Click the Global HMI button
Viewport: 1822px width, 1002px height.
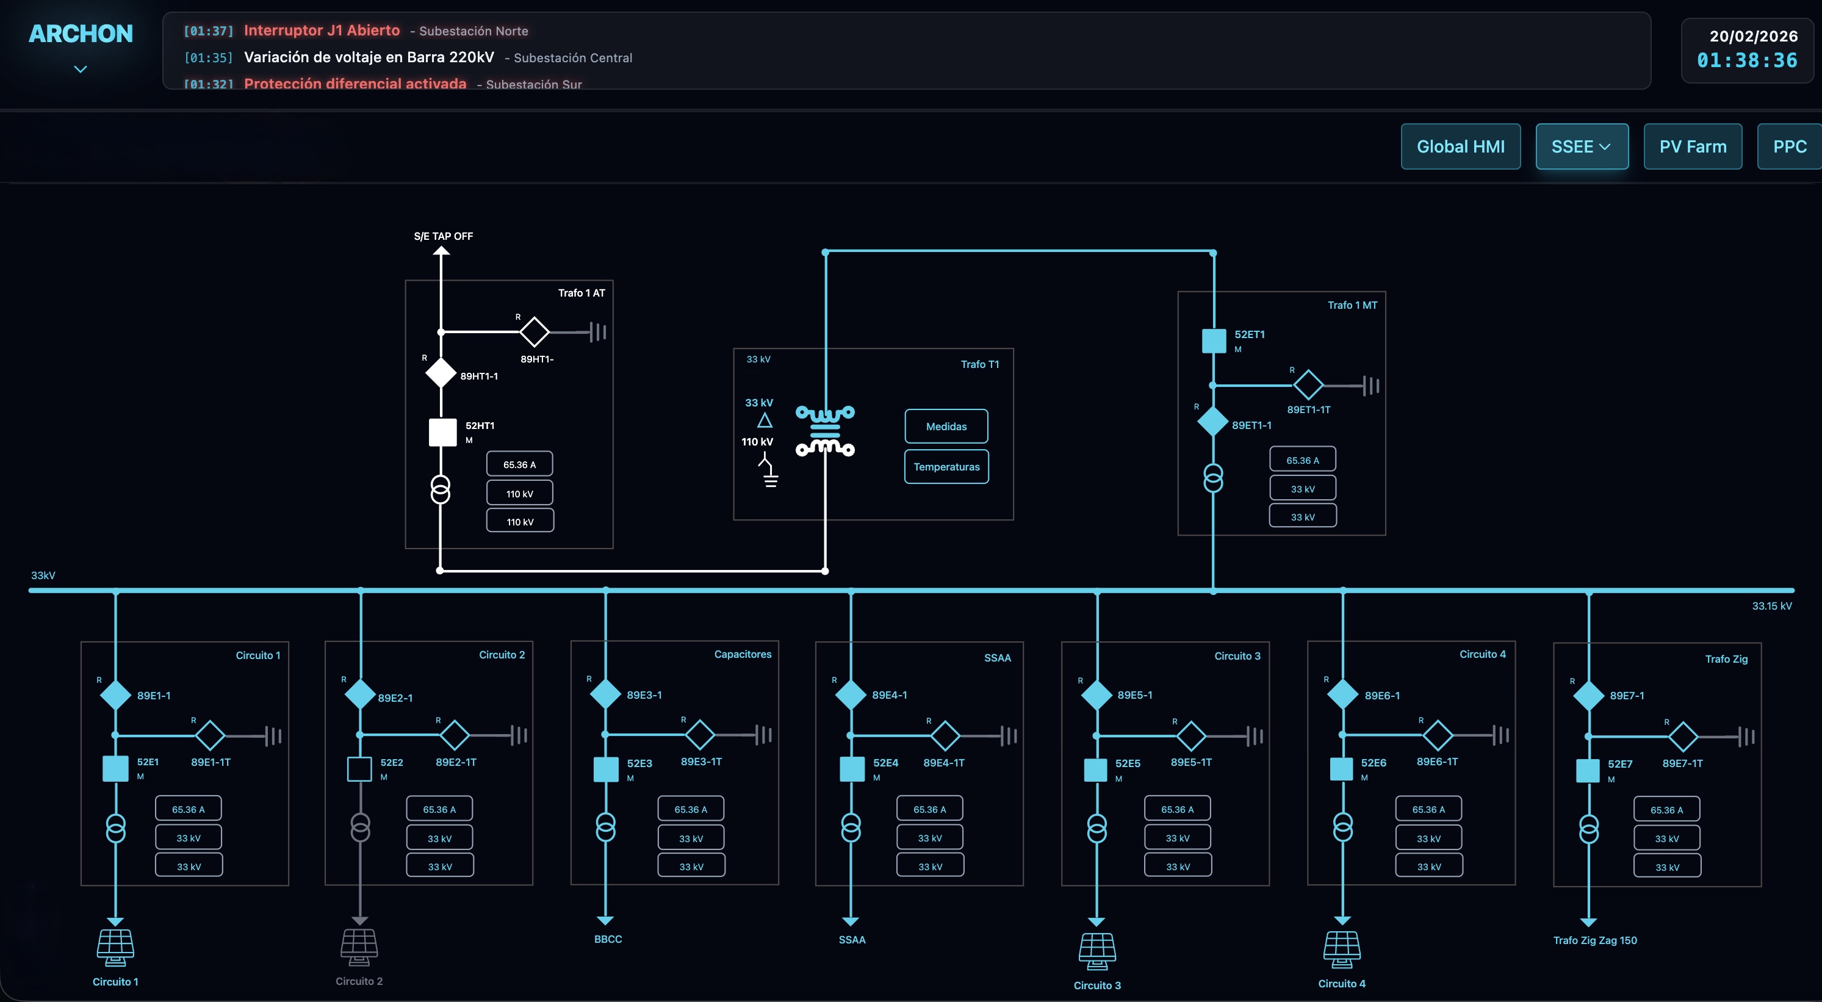pyautogui.click(x=1460, y=146)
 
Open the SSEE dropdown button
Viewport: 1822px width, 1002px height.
pyautogui.click(x=1581, y=146)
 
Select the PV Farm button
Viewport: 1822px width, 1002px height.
pyautogui.click(x=1692, y=146)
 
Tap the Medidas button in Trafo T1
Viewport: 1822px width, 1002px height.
pyautogui.click(x=946, y=427)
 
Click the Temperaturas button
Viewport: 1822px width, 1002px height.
pyautogui.click(x=946, y=467)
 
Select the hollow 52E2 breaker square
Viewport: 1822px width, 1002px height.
pyautogui.click(x=359, y=769)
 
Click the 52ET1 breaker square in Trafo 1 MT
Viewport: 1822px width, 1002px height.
pyautogui.click(x=1214, y=341)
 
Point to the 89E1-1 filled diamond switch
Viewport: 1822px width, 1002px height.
pyautogui.click(x=115, y=695)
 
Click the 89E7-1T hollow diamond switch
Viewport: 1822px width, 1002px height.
pyautogui.click(x=1683, y=736)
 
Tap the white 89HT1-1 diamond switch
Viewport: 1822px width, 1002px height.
pyautogui.click(x=440, y=373)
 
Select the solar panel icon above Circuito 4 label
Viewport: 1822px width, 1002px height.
pyautogui.click(x=1342, y=949)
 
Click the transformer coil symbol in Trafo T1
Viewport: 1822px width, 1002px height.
pyautogui.click(x=825, y=431)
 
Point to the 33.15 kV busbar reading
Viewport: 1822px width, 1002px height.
pyautogui.click(x=1771, y=606)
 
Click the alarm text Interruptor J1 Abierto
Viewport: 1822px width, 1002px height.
pyautogui.click(x=322, y=31)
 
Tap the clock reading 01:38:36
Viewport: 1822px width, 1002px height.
pyautogui.click(x=1746, y=61)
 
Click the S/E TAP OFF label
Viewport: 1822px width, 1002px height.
pyautogui.click(x=444, y=236)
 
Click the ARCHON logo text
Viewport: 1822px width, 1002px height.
pyautogui.click(x=81, y=34)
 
